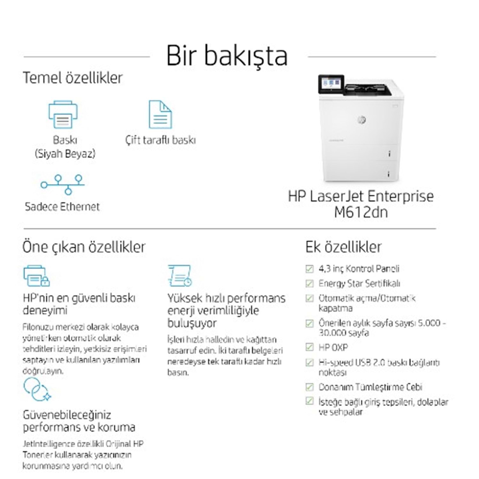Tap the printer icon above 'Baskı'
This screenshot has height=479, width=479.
coord(63,114)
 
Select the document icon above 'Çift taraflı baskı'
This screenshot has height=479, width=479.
coord(160,114)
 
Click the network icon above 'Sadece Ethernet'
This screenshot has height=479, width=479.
coord(63,184)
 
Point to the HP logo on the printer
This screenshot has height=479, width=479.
coord(361,119)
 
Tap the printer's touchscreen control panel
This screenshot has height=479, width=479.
coord(331,84)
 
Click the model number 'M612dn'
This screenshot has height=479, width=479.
coord(361,212)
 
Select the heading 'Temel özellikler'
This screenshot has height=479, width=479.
coord(72,78)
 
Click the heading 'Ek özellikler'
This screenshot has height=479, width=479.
coord(343,247)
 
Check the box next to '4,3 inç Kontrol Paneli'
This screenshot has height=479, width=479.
coord(309,269)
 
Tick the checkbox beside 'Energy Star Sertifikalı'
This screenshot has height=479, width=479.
coord(309,284)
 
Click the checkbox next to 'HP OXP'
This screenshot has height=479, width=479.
coord(309,347)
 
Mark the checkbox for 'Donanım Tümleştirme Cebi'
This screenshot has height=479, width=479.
coord(309,387)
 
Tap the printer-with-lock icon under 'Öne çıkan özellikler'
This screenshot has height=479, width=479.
coord(36,276)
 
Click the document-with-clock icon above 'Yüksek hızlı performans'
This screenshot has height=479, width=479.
coord(179,276)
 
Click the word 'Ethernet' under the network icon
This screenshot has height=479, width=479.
coord(80,207)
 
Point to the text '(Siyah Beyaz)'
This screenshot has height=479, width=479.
coord(65,154)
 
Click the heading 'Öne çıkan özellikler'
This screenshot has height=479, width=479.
coord(84,247)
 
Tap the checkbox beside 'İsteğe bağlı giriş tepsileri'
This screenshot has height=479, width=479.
coord(309,401)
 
